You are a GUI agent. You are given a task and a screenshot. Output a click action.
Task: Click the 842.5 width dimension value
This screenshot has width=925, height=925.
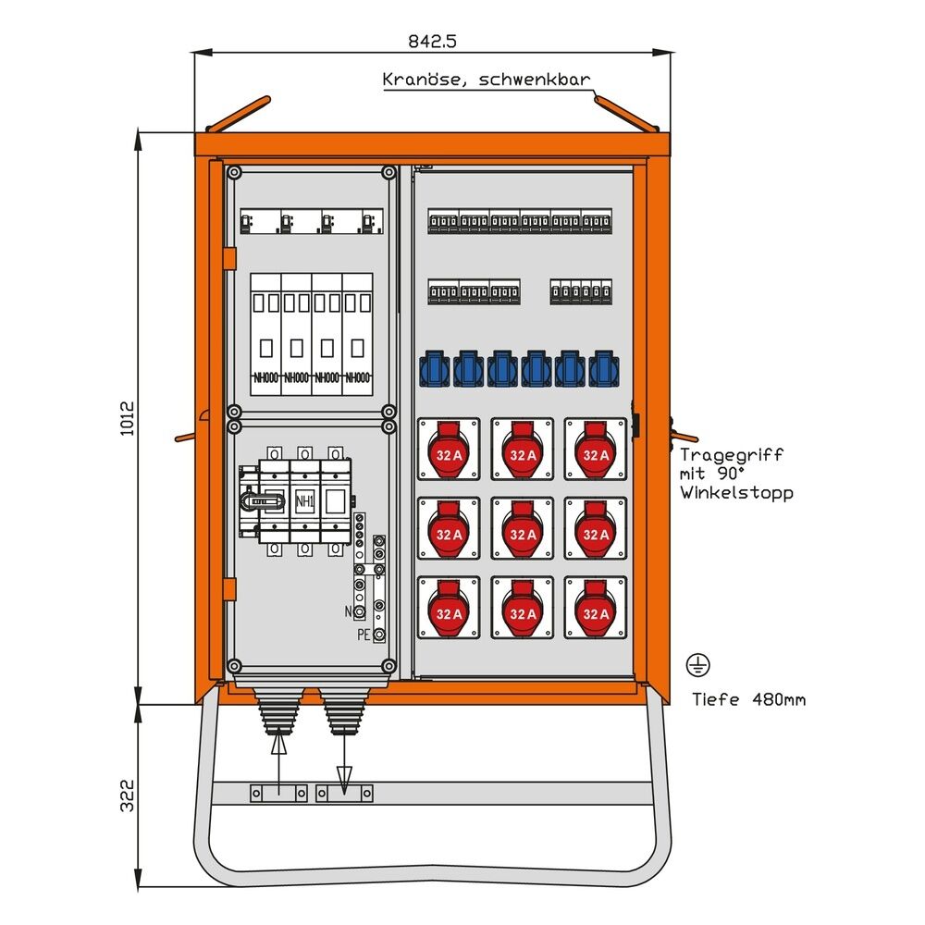click(x=433, y=41)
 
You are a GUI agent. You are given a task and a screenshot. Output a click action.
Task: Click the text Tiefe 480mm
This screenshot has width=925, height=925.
click(x=748, y=699)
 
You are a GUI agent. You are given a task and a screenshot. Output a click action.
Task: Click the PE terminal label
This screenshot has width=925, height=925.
click(x=364, y=635)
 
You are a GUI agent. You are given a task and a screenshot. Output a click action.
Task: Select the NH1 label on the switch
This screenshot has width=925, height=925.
click(x=303, y=502)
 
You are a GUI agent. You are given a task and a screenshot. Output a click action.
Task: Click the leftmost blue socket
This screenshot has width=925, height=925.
click(x=436, y=367)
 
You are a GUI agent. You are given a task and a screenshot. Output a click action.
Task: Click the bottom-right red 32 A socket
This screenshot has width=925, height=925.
click(x=596, y=607)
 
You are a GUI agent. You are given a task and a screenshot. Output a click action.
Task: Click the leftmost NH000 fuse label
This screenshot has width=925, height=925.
click(x=265, y=377)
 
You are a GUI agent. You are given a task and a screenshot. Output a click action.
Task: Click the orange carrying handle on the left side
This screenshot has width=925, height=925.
click(x=186, y=436)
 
